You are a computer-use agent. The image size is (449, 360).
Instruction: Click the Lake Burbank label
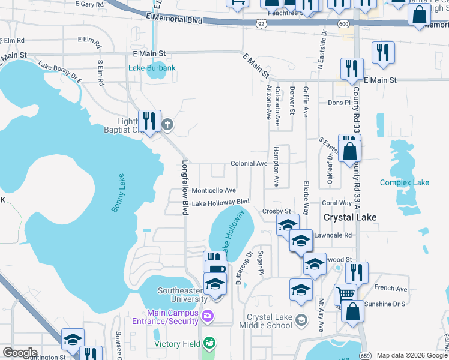click(152, 68)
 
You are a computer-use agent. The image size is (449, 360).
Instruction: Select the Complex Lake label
click(405, 182)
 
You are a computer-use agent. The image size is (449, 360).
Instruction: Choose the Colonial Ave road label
click(249, 163)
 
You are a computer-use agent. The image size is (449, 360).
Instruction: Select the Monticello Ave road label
click(213, 190)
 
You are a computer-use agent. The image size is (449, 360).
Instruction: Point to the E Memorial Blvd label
click(174, 20)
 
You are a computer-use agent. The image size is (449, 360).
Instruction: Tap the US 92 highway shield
click(260, 23)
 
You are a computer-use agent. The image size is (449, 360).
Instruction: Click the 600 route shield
click(343, 23)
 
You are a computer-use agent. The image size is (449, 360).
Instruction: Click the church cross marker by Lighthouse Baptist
click(167, 125)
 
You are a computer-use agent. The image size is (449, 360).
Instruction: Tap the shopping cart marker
click(345, 294)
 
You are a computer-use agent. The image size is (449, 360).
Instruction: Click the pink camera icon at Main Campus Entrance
click(208, 315)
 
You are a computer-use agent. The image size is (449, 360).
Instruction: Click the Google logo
click(20, 353)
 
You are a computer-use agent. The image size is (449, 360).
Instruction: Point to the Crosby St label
click(276, 211)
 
